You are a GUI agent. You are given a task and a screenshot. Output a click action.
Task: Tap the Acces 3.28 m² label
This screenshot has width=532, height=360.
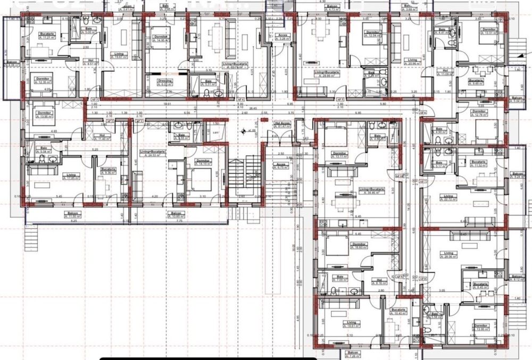pos(283,37)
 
